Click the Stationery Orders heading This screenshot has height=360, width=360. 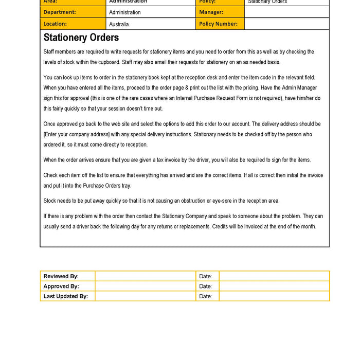pyautogui.click(x=81, y=38)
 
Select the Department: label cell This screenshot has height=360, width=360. pyautogui.click(x=73, y=12)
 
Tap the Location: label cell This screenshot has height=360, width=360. pyautogui.click(x=73, y=24)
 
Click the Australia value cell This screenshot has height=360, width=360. pyautogui.click(x=151, y=24)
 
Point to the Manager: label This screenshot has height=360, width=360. pyautogui.click(x=220, y=12)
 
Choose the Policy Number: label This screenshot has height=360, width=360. pyautogui.click(x=220, y=24)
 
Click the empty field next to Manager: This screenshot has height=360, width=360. pyautogui.click(x=286, y=12)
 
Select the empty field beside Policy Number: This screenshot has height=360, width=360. pyautogui.click(x=286, y=24)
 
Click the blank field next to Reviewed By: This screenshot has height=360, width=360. pyautogui.click(x=145, y=276)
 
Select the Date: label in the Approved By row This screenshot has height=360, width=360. pyautogui.click(x=206, y=286)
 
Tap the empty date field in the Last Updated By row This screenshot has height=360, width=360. pyautogui.click(x=274, y=296)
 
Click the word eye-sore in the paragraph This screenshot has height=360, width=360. pyautogui.click(x=218, y=201)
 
